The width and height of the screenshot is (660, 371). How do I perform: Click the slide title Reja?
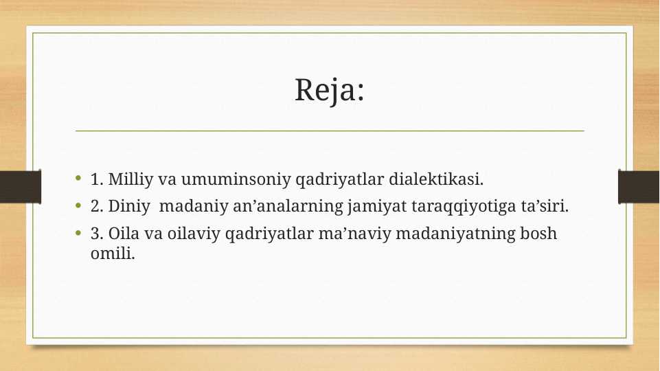pos(329,91)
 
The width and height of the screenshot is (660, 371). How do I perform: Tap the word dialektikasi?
pos(436,179)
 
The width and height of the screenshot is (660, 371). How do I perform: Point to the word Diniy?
pos(129,207)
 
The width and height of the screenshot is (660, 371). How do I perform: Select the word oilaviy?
pos(194,234)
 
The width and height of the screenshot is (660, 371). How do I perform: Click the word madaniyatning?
pos(455,234)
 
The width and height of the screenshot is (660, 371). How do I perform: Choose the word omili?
pos(113,253)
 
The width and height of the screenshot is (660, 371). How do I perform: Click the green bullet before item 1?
pos(78,179)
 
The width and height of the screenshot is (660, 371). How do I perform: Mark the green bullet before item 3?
pos(78,232)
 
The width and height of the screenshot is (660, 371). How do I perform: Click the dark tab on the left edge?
pos(21,187)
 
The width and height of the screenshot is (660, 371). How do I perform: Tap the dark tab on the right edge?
pos(639,187)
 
